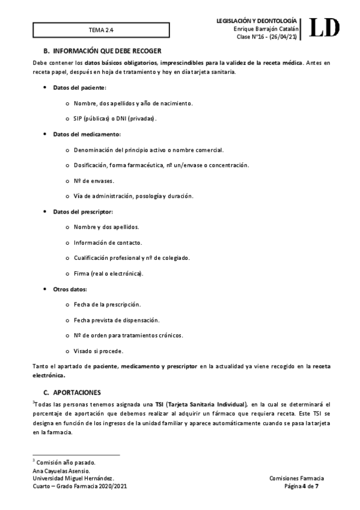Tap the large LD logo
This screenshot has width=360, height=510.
click(x=325, y=27)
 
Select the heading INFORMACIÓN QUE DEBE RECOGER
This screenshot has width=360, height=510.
click(x=106, y=50)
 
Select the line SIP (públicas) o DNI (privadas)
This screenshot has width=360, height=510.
click(x=114, y=118)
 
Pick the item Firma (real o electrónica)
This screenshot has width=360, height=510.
click(x=108, y=274)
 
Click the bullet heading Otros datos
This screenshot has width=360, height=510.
click(x=70, y=289)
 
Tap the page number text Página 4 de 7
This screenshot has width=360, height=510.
click(x=301, y=485)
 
